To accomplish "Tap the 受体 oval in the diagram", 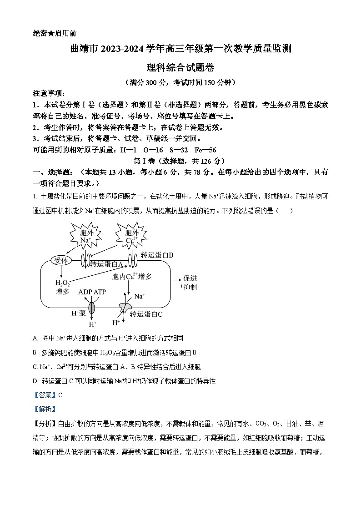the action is (x=61, y=260).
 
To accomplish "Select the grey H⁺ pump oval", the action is (x=92, y=308).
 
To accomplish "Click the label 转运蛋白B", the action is (x=157, y=255).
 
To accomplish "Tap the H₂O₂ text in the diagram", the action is (x=62, y=283).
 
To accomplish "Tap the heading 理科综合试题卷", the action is (x=180, y=67).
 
